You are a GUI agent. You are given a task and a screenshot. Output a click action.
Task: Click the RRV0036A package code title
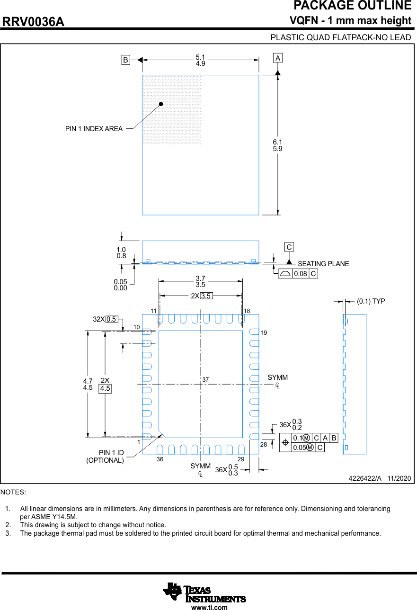pyautogui.click(x=34, y=22)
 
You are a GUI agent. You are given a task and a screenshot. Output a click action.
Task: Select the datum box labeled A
pyautogui.click(x=277, y=58)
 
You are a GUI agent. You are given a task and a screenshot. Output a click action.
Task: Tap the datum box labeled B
pyautogui.click(x=125, y=60)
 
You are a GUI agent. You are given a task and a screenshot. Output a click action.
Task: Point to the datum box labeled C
pyautogui.click(x=289, y=247)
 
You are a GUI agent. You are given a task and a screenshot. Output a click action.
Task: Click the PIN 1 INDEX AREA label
pyautogui.click(x=94, y=129)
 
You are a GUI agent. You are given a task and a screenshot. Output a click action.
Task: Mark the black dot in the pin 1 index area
pyautogui.click(x=161, y=104)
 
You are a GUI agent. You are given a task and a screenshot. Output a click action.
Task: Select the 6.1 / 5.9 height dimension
pyautogui.click(x=277, y=145)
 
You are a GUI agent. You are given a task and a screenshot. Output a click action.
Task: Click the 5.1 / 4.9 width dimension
pyautogui.click(x=200, y=60)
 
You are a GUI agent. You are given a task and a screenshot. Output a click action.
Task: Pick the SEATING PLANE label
pyautogui.click(x=323, y=264)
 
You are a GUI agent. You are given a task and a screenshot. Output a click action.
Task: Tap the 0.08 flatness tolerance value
pyautogui.click(x=300, y=274)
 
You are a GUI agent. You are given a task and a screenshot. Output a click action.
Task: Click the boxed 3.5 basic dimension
pyautogui.click(x=206, y=296)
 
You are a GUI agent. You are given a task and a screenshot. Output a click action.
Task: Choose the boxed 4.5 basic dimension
pyautogui.click(x=105, y=388)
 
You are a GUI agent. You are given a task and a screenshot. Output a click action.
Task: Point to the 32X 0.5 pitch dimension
pyautogui.click(x=105, y=319)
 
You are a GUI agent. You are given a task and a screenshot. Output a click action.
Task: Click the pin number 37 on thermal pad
pyautogui.click(x=205, y=380)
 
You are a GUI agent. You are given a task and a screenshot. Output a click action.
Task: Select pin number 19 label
pyautogui.click(x=264, y=333)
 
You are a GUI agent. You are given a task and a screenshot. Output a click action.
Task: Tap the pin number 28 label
pyautogui.click(x=264, y=445)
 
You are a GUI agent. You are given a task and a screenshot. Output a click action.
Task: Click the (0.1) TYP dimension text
pyautogui.click(x=371, y=301)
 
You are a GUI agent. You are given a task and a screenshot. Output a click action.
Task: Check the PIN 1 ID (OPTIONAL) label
pyautogui.click(x=105, y=457)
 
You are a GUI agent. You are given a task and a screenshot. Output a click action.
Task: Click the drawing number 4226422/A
pyautogui.click(x=365, y=478)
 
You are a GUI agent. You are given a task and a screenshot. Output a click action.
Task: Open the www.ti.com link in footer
pyautogui.click(x=209, y=607)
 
